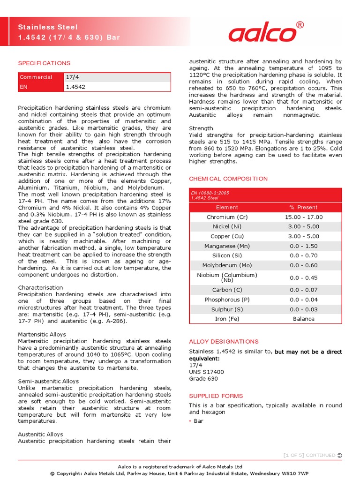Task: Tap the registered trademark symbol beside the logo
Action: (x=300, y=25)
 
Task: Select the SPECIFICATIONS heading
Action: (x=44, y=63)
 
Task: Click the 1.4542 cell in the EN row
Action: (x=75, y=87)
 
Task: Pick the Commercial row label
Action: (x=36, y=77)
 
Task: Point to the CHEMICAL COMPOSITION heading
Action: (x=228, y=179)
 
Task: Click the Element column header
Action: (x=227, y=207)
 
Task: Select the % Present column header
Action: (x=303, y=207)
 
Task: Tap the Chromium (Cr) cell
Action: (x=227, y=217)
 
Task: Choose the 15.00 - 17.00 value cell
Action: (x=303, y=217)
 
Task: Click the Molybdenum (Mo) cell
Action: (x=227, y=265)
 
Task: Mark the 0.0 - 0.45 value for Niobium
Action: (x=303, y=277)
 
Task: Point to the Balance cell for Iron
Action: (x=303, y=319)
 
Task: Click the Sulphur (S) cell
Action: (x=227, y=309)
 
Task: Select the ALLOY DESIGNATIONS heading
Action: (x=224, y=342)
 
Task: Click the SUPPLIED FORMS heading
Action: (x=216, y=396)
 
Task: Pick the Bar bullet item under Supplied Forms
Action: (x=199, y=421)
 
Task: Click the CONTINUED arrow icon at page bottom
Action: (x=339, y=455)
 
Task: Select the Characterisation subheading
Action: (x=40, y=287)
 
